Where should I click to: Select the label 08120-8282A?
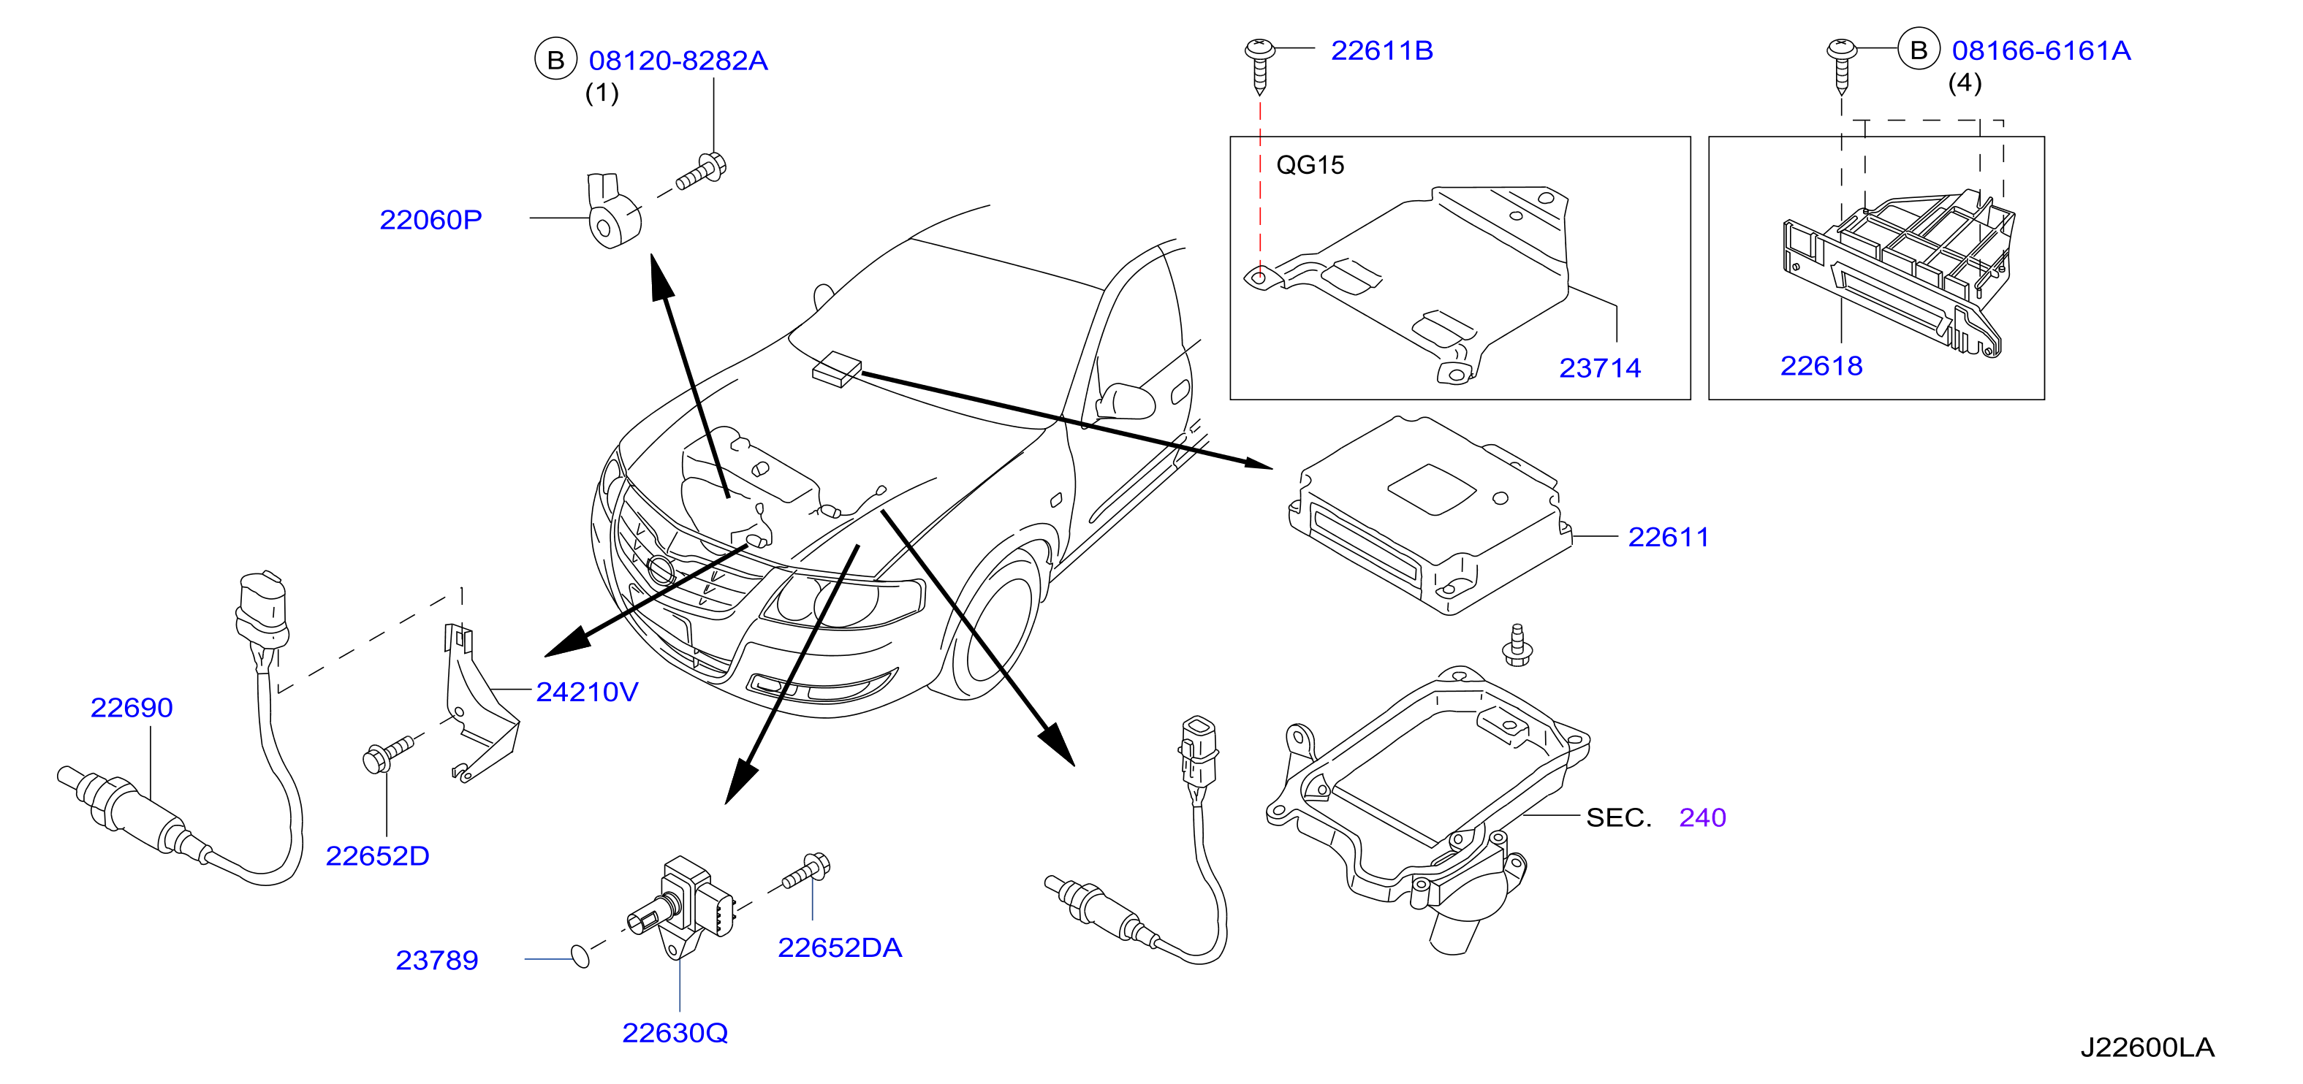pyautogui.click(x=678, y=61)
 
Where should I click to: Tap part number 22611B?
pyautogui.click(x=1381, y=51)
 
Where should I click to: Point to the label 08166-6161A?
pyautogui.click(x=2041, y=51)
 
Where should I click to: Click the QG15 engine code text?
pyautogui.click(x=1310, y=165)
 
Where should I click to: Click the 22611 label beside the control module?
pyautogui.click(x=1669, y=537)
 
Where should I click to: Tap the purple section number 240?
pyautogui.click(x=1702, y=817)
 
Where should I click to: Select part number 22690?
pyautogui.click(x=132, y=708)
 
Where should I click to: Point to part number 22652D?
pyautogui.click(x=377, y=856)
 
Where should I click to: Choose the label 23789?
pyautogui.click(x=436, y=961)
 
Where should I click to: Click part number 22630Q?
pyautogui.click(x=675, y=1033)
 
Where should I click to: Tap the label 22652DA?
pyautogui.click(x=840, y=948)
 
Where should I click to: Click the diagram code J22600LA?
pyautogui.click(x=2147, y=1047)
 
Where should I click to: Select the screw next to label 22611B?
pyautogui.click(x=1260, y=65)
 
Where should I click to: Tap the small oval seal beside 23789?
pyautogui.click(x=580, y=957)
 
